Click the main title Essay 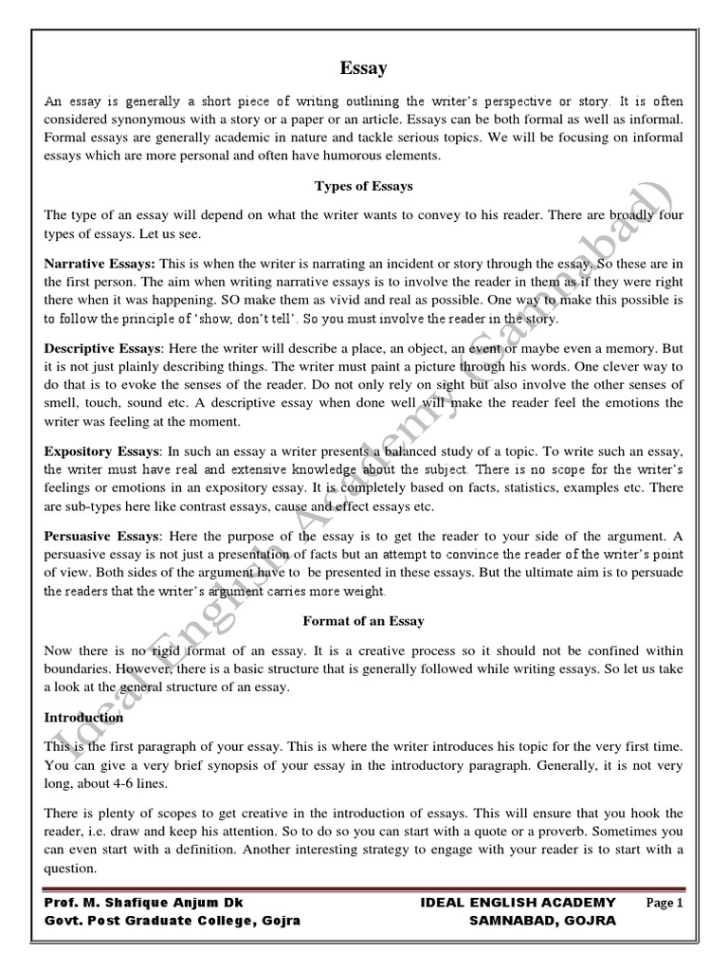(363, 67)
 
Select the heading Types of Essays (363, 186)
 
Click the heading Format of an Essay (363, 621)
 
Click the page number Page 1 (664, 903)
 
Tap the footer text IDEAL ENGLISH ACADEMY (518, 903)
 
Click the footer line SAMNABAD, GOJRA (542, 921)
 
